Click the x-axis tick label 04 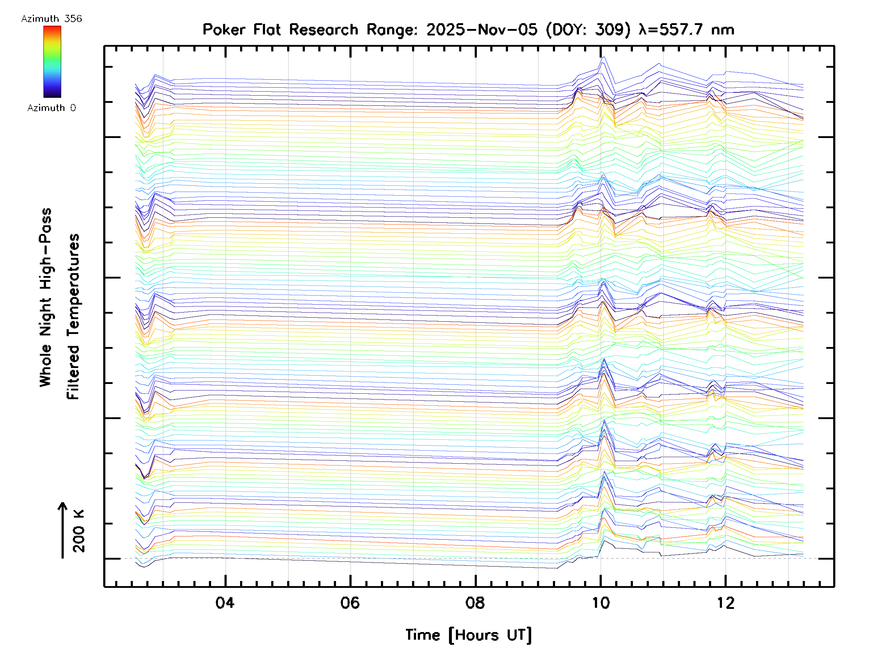pyautogui.click(x=225, y=603)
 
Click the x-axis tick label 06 pyautogui.click(x=350, y=603)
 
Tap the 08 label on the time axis pyautogui.click(x=475, y=603)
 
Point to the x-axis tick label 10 pyautogui.click(x=601, y=603)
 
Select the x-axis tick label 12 pyautogui.click(x=726, y=603)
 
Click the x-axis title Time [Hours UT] pyautogui.click(x=469, y=635)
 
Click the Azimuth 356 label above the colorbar pyautogui.click(x=51, y=19)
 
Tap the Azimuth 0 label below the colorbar pyautogui.click(x=51, y=108)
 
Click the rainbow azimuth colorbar pyautogui.click(x=52, y=62)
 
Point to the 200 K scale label pyautogui.click(x=79, y=531)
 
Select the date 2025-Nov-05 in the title pyautogui.click(x=482, y=30)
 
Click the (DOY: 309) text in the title pyautogui.click(x=588, y=30)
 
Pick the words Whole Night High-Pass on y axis pyautogui.click(x=46, y=297)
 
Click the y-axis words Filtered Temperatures pyautogui.click(x=73, y=317)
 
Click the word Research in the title pyautogui.click(x=324, y=30)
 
